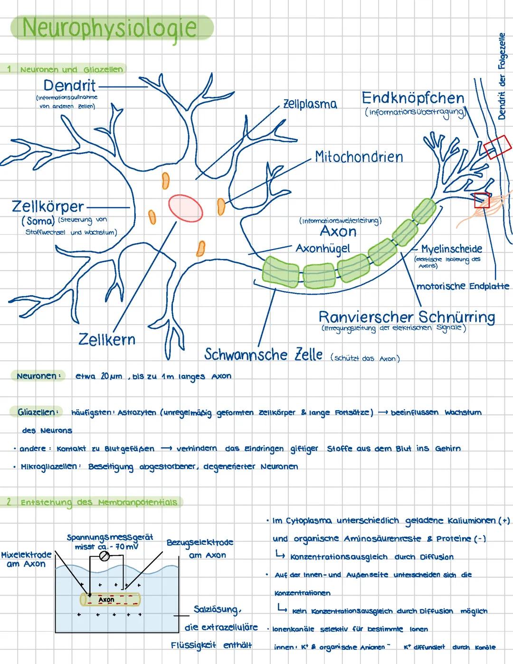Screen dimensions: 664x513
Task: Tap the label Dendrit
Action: tap(69, 86)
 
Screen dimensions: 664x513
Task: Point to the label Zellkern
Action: tap(107, 339)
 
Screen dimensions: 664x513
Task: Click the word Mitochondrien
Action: tap(359, 157)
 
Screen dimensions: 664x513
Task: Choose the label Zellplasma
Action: tap(310, 104)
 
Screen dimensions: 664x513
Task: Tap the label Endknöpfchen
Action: tap(413, 98)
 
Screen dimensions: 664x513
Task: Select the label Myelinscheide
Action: tap(451, 249)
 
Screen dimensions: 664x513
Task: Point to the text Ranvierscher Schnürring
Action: tap(407, 317)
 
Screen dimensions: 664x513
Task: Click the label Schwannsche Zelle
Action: tap(264, 354)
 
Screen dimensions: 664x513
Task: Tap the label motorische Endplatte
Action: tap(463, 286)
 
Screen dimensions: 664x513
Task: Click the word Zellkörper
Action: tap(48, 207)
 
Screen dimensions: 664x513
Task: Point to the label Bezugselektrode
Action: tap(200, 542)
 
